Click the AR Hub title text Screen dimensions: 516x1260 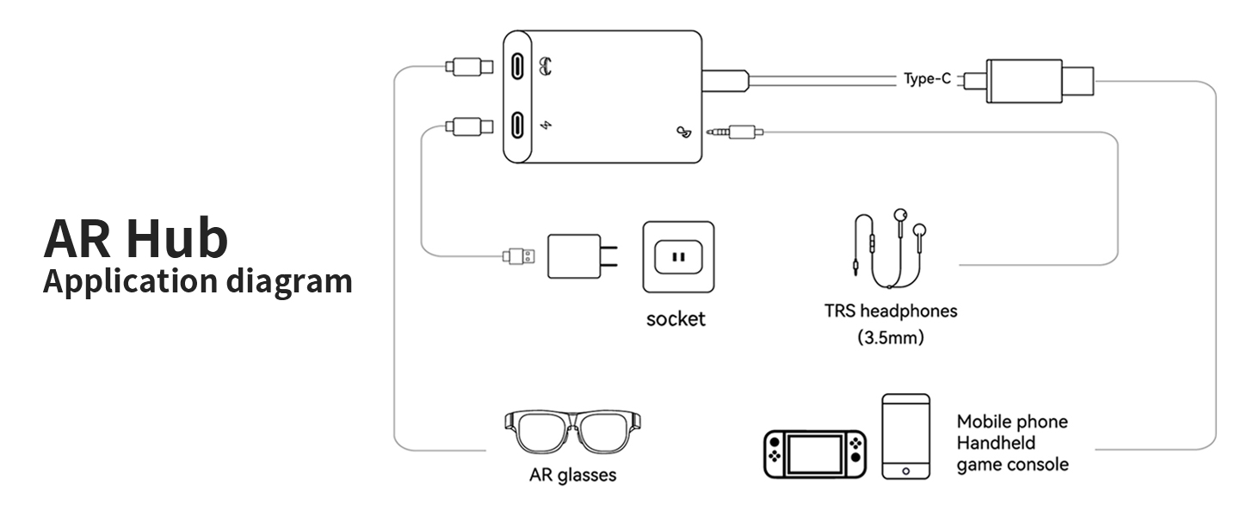[x=136, y=238]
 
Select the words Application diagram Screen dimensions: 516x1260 [x=197, y=281]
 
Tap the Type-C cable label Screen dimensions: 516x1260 [x=927, y=79]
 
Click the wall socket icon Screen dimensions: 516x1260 [x=677, y=256]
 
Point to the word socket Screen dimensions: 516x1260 [x=676, y=319]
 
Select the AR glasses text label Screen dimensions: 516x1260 [x=572, y=475]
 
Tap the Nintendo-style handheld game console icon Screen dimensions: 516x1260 [x=815, y=453]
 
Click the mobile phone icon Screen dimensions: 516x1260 [x=905, y=436]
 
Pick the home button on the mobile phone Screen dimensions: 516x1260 [x=905, y=470]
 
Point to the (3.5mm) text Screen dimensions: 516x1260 [x=890, y=337]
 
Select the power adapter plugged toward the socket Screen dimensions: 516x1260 [x=576, y=255]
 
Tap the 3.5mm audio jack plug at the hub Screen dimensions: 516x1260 [x=733, y=132]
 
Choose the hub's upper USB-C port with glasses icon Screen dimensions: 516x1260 [x=518, y=66]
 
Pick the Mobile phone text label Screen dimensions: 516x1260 [x=1012, y=421]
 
